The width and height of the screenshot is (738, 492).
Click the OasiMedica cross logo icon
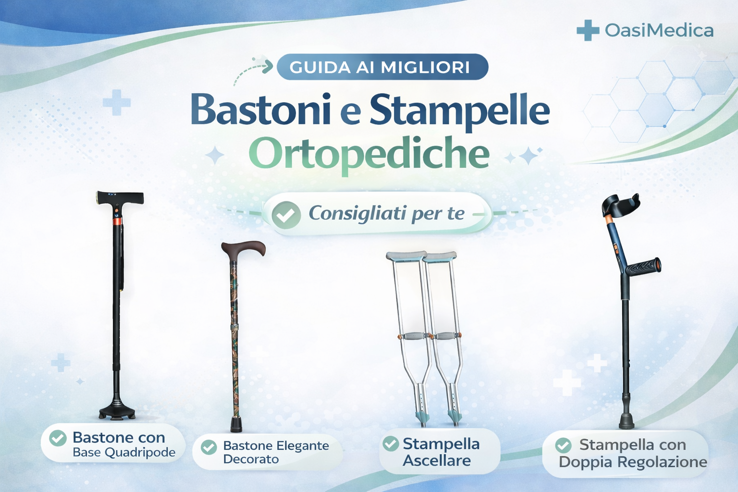(587, 30)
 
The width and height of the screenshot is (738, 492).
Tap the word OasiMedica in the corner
(659, 31)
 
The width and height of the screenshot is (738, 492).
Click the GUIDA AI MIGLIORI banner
(382, 67)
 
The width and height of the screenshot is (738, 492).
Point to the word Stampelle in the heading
(459, 111)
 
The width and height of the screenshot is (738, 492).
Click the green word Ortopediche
(369, 154)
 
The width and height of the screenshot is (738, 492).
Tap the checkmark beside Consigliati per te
(286, 215)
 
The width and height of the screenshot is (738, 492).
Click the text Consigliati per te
(386, 213)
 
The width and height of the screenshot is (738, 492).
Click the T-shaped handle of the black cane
(120, 197)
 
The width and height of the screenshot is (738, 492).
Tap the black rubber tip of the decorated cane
(236, 425)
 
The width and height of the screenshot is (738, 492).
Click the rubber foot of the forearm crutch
(626, 421)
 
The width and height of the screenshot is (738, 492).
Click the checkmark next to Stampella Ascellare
(391, 443)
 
